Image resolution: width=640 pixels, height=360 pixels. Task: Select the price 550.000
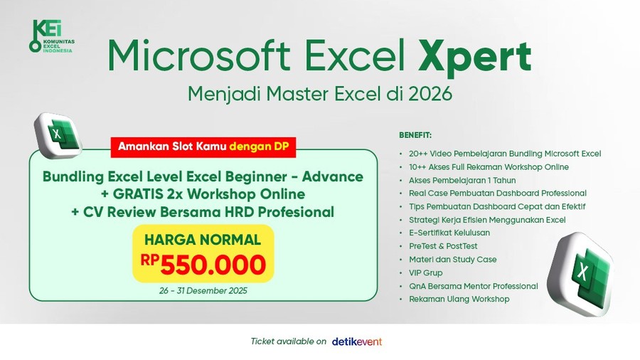click(x=213, y=265)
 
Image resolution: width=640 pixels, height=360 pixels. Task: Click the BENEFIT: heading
click(x=415, y=134)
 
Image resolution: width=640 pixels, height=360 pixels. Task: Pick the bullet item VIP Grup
click(x=425, y=272)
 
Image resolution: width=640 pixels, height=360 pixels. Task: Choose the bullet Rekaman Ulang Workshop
click(x=459, y=300)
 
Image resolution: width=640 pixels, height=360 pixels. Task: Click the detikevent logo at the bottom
click(x=357, y=342)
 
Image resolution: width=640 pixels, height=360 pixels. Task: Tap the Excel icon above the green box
click(x=58, y=136)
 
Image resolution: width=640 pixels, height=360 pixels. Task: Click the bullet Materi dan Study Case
click(x=452, y=260)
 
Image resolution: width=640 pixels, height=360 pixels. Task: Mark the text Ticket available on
click(x=288, y=342)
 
